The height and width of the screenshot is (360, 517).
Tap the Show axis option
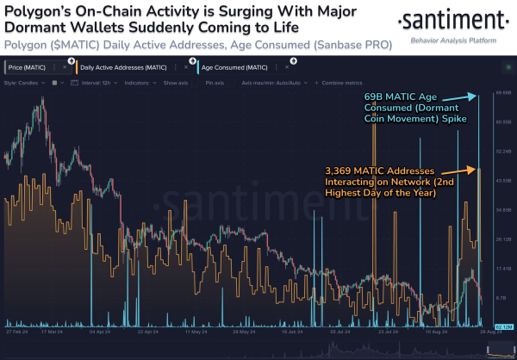click(x=177, y=83)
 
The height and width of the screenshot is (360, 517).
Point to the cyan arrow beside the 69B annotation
click(x=475, y=95)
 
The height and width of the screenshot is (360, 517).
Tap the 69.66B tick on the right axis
click(x=503, y=91)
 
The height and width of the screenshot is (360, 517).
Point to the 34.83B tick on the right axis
click(x=503, y=209)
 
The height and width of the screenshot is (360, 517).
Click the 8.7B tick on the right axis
click(x=503, y=297)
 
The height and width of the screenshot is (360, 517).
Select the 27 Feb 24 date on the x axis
click(x=19, y=330)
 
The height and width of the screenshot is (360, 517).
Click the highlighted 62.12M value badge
click(x=503, y=327)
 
